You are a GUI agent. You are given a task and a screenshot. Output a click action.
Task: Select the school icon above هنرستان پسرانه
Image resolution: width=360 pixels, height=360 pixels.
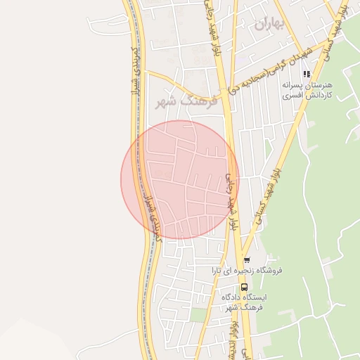pyautogui.click(x=306, y=74)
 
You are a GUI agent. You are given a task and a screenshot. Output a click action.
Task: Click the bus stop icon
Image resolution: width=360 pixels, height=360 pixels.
pyautogui.click(x=244, y=287)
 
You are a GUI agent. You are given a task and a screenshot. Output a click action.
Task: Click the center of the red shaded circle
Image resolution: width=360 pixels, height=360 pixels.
pyautogui.click(x=180, y=179)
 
